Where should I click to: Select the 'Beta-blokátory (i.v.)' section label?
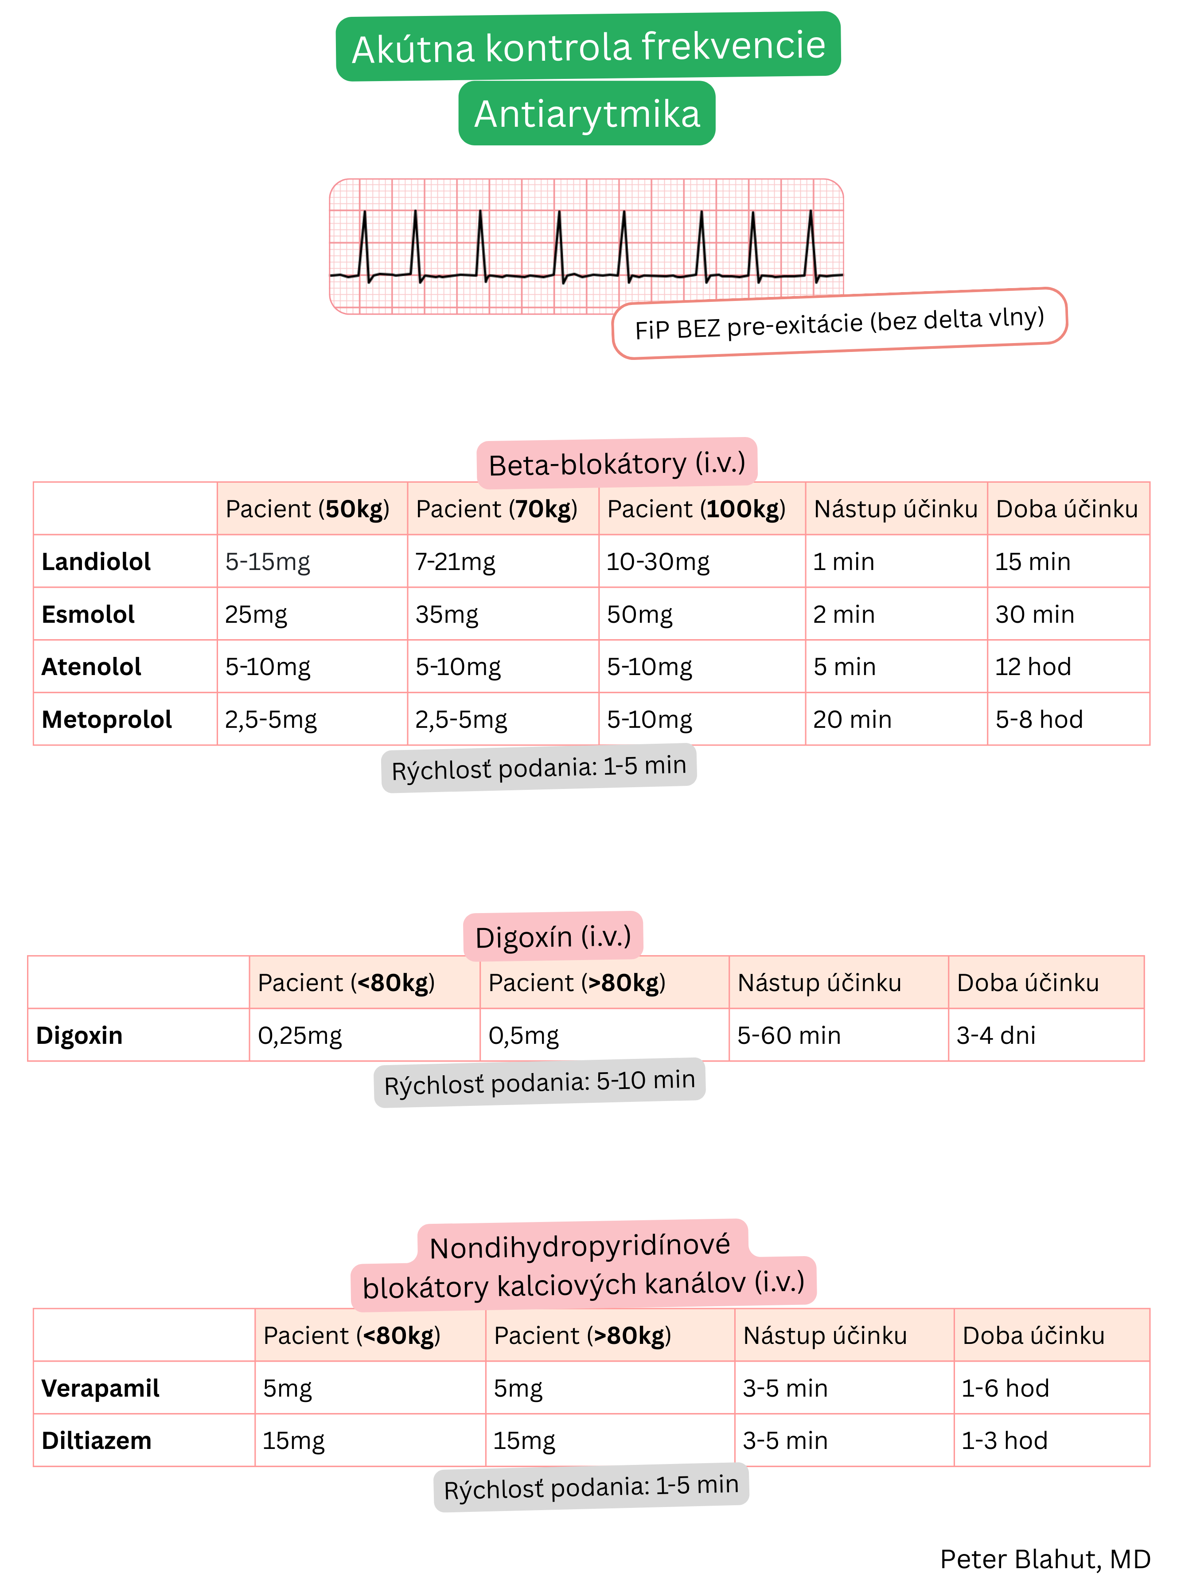pyautogui.click(x=616, y=464)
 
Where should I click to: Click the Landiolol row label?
pyautogui.click(x=96, y=562)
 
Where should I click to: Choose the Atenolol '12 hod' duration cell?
pyautogui.click(x=1033, y=667)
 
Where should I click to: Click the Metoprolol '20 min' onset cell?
pyautogui.click(x=852, y=719)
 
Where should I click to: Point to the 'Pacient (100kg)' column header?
pyautogui.click(x=696, y=509)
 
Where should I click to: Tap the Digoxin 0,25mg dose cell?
pyautogui.click(x=300, y=1035)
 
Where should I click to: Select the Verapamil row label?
pyautogui.click(x=101, y=1388)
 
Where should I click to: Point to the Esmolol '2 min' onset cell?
pyautogui.click(x=844, y=614)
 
